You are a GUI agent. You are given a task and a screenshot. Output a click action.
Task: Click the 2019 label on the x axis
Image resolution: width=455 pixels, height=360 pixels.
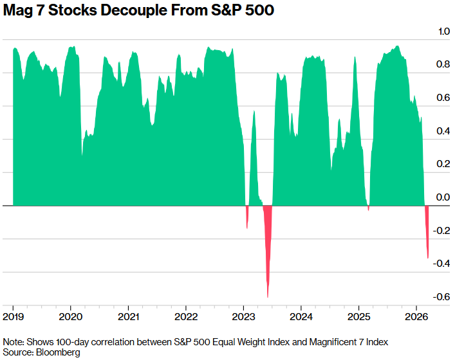(x=14, y=316)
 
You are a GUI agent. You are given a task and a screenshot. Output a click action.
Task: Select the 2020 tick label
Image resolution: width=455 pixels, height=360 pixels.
(x=71, y=316)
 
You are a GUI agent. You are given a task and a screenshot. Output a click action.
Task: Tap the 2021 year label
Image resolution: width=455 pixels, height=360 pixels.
(x=129, y=316)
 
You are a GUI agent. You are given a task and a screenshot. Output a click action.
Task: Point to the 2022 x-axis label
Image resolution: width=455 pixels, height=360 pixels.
(x=187, y=316)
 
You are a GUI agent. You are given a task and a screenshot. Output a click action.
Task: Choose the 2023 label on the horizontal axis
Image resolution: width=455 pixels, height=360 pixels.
(x=244, y=316)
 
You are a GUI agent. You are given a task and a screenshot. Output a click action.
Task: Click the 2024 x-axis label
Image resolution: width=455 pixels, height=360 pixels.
(x=301, y=316)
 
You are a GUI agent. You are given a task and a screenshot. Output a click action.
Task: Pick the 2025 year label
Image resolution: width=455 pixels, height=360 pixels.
(x=359, y=316)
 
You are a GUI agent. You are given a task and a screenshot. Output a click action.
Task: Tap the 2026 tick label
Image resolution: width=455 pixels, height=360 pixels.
(x=416, y=316)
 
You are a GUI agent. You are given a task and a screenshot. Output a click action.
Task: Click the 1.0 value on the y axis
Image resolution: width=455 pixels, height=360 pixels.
(x=443, y=32)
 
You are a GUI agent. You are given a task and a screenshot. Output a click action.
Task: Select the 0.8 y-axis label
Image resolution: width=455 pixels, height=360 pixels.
(x=443, y=65)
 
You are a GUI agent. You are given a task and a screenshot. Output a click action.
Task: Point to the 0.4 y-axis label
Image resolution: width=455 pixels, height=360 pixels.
(x=443, y=131)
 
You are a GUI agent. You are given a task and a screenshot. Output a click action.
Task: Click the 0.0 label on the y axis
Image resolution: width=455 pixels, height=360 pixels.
(x=443, y=198)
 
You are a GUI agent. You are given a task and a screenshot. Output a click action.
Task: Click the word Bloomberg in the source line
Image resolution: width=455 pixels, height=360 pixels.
(x=59, y=353)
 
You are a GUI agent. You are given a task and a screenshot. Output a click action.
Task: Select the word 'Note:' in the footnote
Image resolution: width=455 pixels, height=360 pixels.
(x=14, y=341)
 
